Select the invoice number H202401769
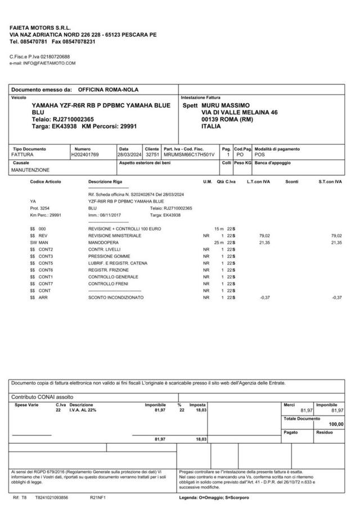click(85, 154)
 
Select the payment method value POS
click(259, 154)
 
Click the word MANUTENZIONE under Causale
click(30, 169)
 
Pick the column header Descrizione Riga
click(105, 182)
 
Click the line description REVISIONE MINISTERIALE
click(115, 235)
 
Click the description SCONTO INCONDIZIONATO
click(116, 297)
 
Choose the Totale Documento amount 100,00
click(336, 424)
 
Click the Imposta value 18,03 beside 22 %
click(201, 410)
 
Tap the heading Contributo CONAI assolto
click(39, 397)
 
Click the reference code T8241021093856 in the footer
click(52, 498)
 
